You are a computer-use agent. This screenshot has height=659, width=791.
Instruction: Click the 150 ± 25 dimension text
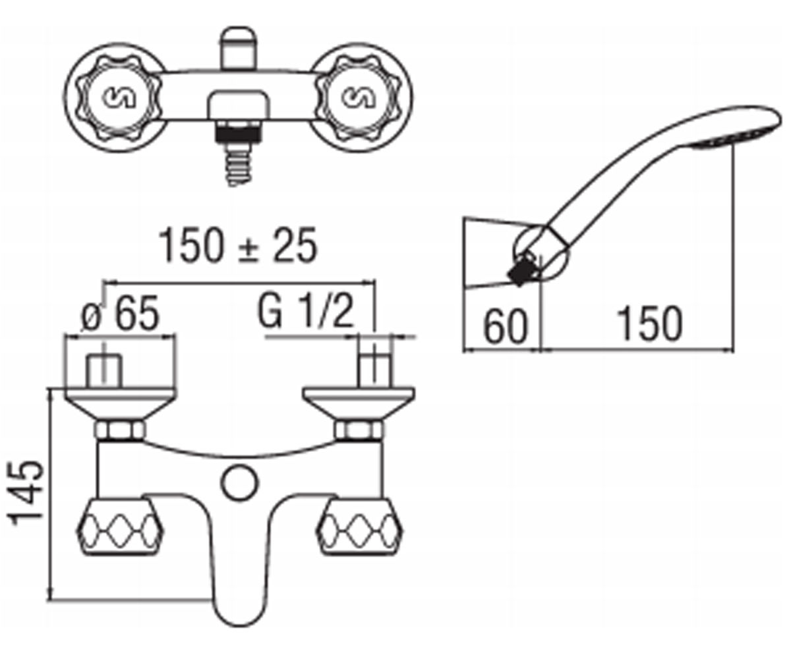[238, 246]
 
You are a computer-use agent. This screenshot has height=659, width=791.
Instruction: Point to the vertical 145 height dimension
[27, 493]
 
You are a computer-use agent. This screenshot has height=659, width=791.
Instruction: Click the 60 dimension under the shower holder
[506, 326]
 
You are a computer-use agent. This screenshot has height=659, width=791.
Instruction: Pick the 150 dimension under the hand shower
[650, 324]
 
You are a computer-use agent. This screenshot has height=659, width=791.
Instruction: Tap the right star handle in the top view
[359, 97]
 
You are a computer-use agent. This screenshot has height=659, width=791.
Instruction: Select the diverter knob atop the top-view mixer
[238, 49]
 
